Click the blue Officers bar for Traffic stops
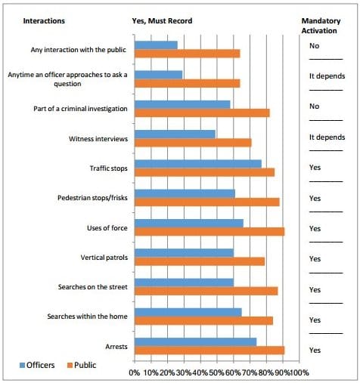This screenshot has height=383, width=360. (198, 164)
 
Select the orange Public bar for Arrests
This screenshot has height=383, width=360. (209, 351)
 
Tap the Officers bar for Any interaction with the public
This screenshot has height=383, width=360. (156, 45)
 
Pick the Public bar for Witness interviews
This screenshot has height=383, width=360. (193, 143)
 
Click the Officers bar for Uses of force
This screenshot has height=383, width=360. (189, 224)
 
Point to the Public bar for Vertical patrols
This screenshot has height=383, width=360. (200, 261)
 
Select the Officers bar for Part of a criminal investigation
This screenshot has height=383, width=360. (182, 104)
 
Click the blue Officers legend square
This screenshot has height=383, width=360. (22, 365)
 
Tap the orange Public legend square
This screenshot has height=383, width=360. (70, 365)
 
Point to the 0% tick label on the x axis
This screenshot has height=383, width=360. (135, 372)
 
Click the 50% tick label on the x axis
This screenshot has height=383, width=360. (216, 372)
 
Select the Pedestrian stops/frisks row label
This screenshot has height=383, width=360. (92, 198)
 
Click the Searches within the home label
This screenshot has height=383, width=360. (87, 317)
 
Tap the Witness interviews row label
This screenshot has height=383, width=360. (98, 139)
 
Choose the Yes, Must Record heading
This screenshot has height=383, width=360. (162, 21)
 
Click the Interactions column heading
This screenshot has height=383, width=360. (44, 20)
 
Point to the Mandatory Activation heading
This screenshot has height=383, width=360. (321, 26)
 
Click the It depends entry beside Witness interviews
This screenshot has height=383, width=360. (327, 137)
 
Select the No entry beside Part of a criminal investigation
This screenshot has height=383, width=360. (314, 107)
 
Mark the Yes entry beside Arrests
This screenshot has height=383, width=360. (315, 351)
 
